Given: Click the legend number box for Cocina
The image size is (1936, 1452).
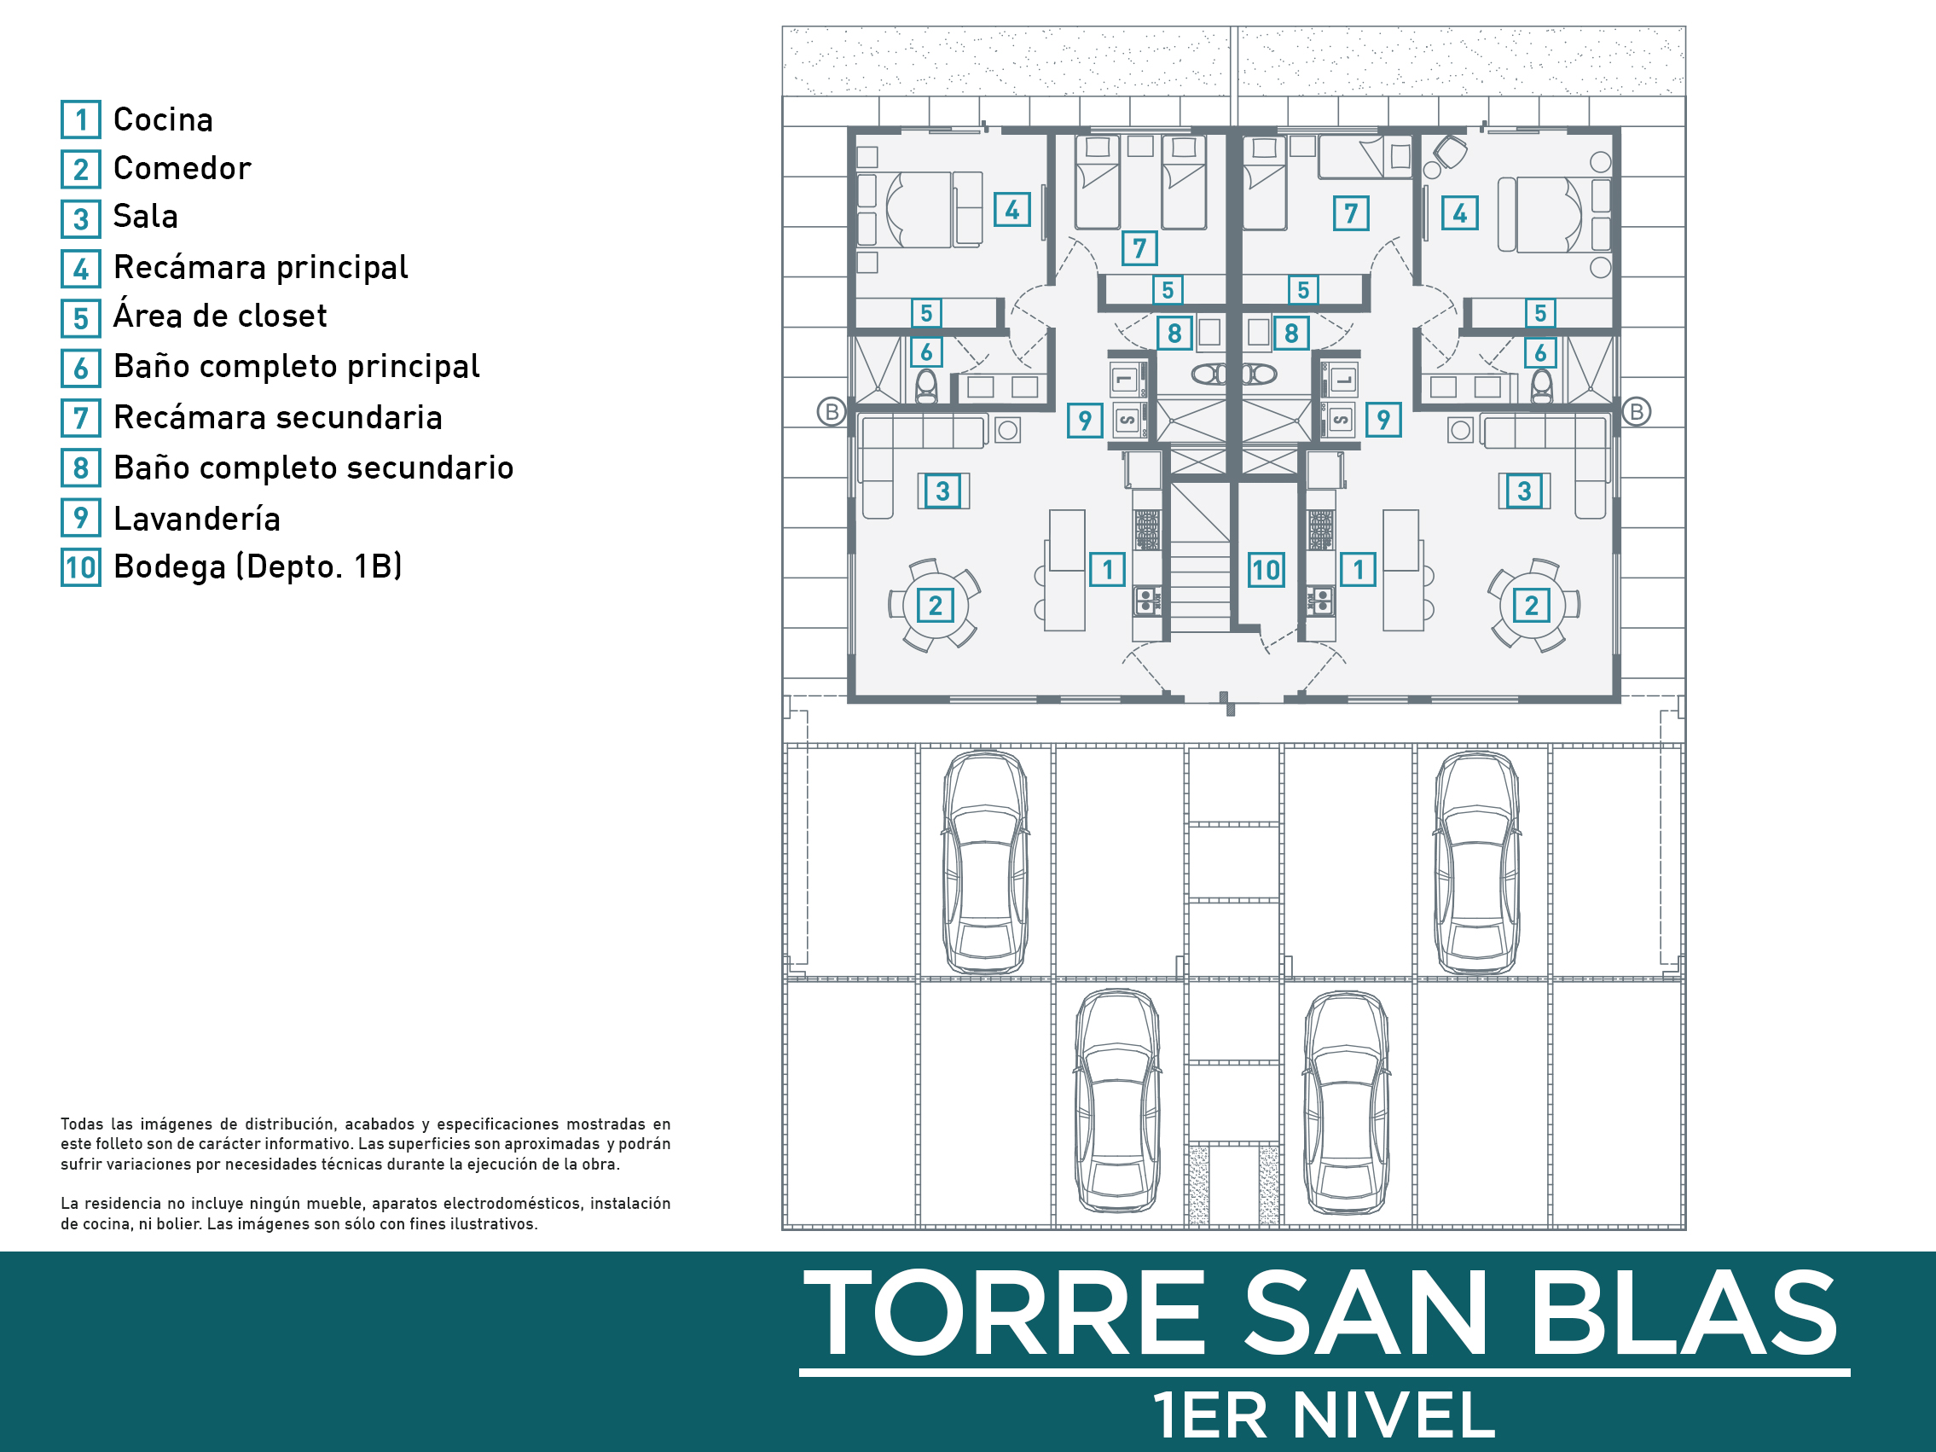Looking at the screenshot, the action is tap(80, 120).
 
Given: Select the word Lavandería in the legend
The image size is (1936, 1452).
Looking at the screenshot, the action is tap(197, 519).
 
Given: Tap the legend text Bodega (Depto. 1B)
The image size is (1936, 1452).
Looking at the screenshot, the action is tap(258, 566).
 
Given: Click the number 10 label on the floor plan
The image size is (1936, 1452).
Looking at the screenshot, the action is tap(1266, 570).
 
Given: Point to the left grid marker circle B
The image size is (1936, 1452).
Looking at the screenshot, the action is tap(832, 411).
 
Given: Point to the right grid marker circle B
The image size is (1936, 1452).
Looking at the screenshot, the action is tap(1636, 411).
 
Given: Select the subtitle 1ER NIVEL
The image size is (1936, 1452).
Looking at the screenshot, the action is tap(1323, 1415).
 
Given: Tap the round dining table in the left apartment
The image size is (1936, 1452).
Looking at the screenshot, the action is tap(935, 605).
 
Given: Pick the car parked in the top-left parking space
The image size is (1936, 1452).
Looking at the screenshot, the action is tap(986, 862).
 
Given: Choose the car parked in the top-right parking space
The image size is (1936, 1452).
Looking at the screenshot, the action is tap(1476, 862).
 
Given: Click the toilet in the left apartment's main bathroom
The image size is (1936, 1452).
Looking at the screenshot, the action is tap(926, 386).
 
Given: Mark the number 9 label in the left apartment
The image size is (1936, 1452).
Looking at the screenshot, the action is tap(1084, 420).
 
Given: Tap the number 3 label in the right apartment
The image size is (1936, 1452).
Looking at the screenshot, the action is tap(1524, 491).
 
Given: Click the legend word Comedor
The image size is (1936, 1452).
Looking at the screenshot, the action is tap(182, 168).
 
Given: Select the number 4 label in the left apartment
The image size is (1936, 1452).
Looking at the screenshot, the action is tap(1011, 210).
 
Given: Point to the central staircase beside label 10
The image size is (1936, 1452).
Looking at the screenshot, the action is tap(1200, 555).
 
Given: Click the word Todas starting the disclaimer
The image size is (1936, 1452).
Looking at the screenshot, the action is tap(81, 1124).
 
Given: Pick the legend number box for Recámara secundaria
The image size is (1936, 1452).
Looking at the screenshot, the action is tap(80, 418).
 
